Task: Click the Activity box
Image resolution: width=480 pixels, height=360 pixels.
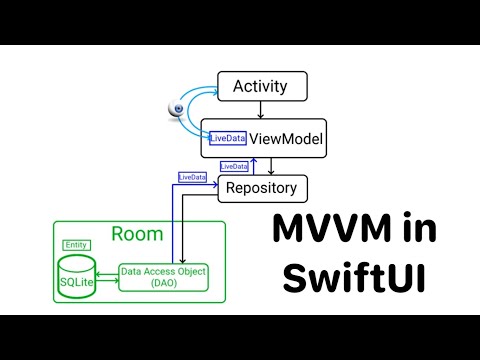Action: click(x=260, y=86)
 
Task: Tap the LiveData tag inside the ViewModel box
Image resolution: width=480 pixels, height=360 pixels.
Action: click(x=227, y=139)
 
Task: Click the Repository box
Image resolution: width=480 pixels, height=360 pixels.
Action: click(x=261, y=187)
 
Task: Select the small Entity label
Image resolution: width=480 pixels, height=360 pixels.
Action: click(x=75, y=245)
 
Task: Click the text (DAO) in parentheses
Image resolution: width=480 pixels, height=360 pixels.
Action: click(x=163, y=284)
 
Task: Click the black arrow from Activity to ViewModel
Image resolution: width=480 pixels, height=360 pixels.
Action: click(x=260, y=109)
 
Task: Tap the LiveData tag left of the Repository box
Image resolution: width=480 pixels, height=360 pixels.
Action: click(x=192, y=177)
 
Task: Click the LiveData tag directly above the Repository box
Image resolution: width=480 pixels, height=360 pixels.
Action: click(x=233, y=166)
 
